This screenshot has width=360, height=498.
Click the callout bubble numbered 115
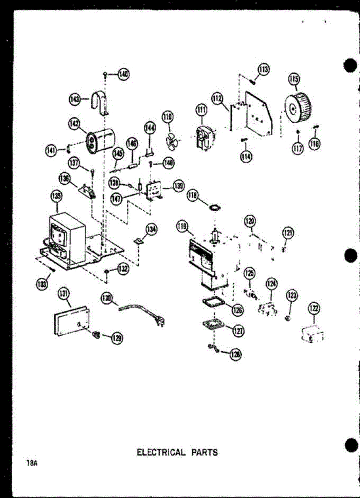click(x=294, y=78)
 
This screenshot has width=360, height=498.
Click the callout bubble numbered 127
click(x=238, y=331)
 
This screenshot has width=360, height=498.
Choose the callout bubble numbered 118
click(x=192, y=196)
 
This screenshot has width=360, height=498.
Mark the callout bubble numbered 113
click(x=263, y=69)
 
